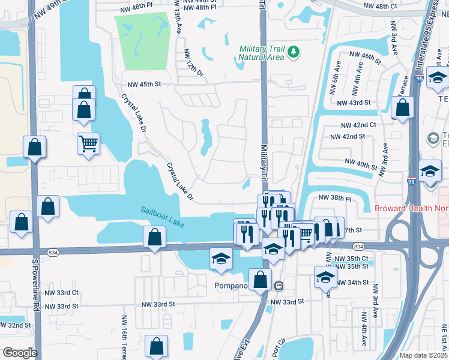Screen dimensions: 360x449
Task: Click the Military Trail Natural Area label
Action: [x=261, y=53]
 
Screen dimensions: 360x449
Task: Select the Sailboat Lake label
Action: [x=163, y=214]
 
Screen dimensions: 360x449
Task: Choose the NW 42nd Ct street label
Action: [x=358, y=125]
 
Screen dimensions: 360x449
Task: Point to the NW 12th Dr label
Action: [x=194, y=62]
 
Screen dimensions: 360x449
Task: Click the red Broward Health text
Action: [x=411, y=209]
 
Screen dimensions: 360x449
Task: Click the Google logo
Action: [x=19, y=353]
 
